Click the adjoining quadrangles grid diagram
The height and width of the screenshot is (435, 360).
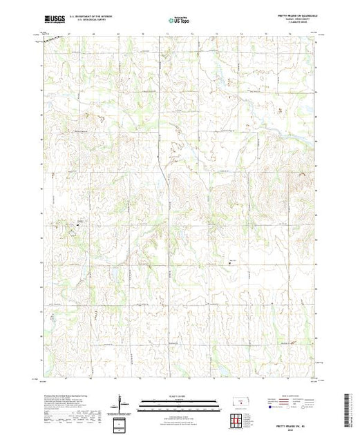tap(236, 418)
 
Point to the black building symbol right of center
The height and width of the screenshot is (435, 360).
tap(231, 260)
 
